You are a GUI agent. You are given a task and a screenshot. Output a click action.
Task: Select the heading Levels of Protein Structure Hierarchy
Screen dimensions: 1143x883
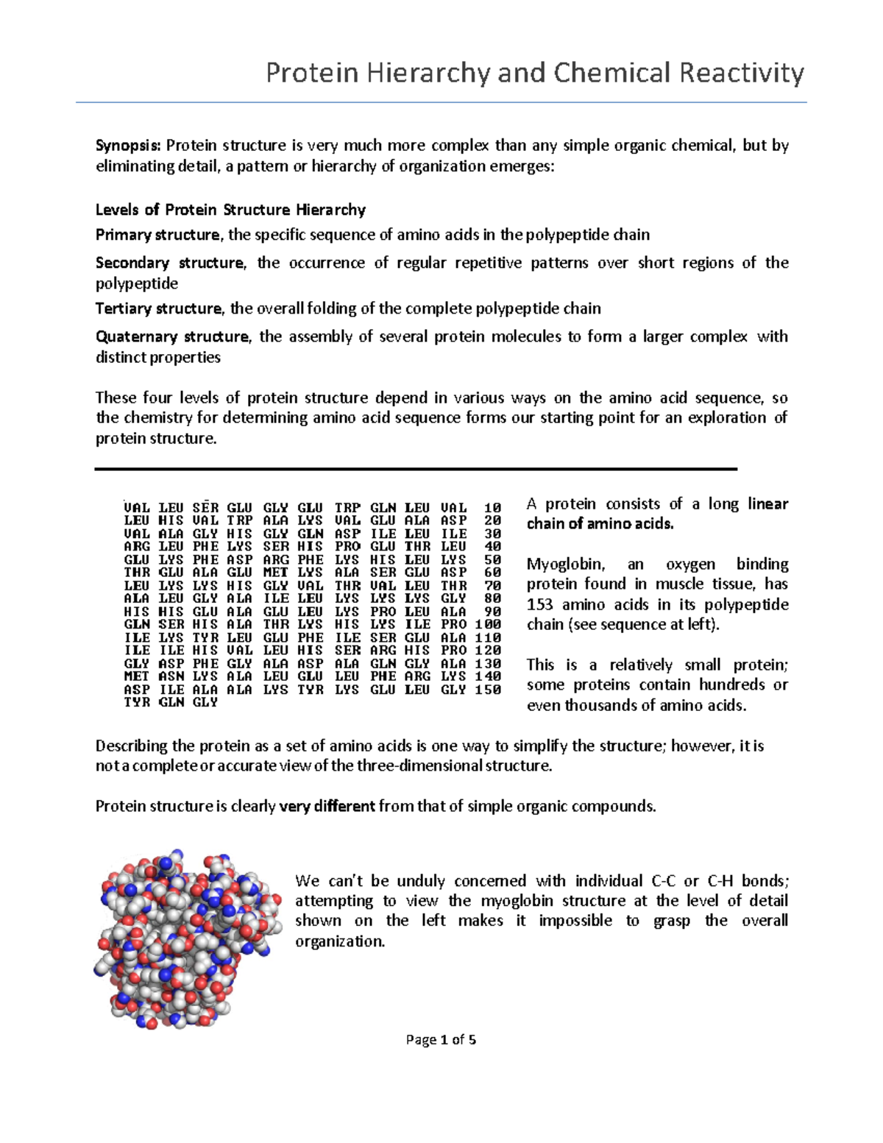[230, 210]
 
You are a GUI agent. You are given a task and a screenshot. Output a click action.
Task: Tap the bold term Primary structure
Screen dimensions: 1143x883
[157, 235]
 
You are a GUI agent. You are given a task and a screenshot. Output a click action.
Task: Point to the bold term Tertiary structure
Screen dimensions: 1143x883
[158, 308]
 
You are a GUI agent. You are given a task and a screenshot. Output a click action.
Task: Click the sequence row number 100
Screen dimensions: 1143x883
[488, 624]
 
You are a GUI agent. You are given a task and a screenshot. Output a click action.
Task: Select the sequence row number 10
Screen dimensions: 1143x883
[492, 508]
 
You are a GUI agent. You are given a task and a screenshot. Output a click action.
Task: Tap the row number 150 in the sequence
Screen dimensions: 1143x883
[488, 690]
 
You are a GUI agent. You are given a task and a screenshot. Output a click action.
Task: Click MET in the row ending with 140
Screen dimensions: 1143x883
[136, 676]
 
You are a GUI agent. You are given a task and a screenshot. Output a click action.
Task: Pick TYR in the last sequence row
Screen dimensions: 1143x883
[136, 703]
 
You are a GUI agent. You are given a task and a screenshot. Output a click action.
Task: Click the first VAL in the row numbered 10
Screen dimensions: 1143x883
[136, 508]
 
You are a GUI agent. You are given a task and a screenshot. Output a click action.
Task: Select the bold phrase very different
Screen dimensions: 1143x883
[327, 807]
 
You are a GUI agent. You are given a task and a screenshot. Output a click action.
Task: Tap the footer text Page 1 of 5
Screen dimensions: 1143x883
[441, 1040]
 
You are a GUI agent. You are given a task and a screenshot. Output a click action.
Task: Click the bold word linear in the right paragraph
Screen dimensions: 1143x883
[767, 504]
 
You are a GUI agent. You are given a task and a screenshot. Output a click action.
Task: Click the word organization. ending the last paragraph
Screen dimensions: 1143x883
[340, 942]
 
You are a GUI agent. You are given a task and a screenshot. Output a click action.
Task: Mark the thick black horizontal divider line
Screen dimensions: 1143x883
[416, 469]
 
